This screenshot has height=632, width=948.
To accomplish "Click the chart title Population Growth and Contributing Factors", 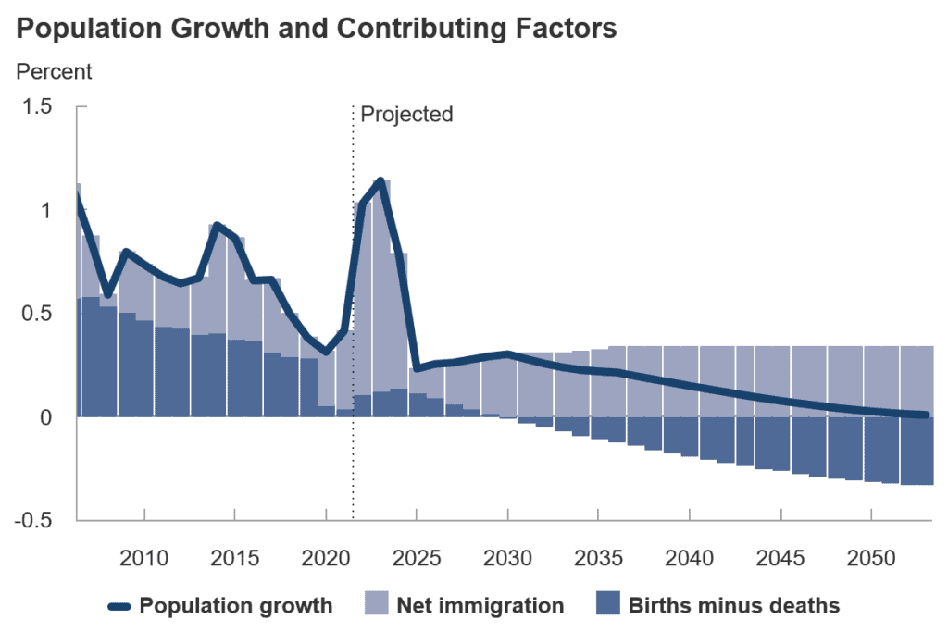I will (x=318, y=29).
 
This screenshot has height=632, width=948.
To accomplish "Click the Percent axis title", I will (x=54, y=70).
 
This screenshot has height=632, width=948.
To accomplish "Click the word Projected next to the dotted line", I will (x=406, y=115).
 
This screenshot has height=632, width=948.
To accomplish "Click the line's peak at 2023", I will (x=380, y=180).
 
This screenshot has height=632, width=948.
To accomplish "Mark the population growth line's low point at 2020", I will (x=326, y=352).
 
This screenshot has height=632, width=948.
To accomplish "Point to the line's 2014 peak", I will (x=217, y=225).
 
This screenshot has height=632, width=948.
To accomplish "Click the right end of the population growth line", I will (x=926, y=415).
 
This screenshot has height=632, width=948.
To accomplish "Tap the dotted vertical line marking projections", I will (x=353, y=278).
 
